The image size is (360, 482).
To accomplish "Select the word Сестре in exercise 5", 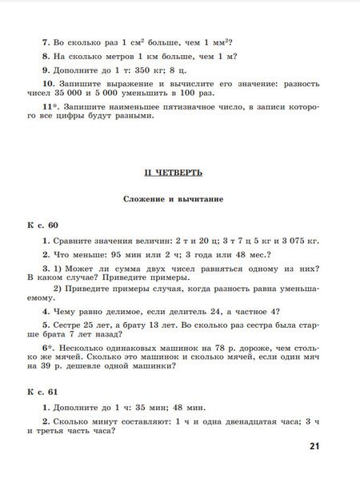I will [x=67, y=325].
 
